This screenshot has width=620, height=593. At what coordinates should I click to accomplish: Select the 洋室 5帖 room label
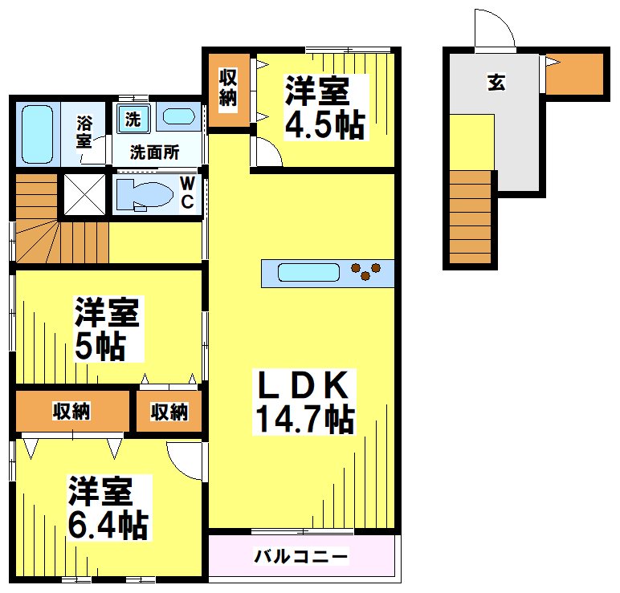pos(108,329)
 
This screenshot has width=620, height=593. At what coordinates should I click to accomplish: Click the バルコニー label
pos(301,556)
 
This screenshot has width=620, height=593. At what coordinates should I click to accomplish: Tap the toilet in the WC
pos(145,195)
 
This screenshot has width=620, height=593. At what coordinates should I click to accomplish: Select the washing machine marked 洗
pos(133,120)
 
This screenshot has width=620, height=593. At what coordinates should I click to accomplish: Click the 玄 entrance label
pos(496,82)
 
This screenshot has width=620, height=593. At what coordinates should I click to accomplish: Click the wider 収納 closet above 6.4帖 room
pos(72,412)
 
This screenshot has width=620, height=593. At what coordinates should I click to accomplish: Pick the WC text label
pos(186,193)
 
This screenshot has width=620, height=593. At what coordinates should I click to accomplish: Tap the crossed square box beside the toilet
pos(83,194)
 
